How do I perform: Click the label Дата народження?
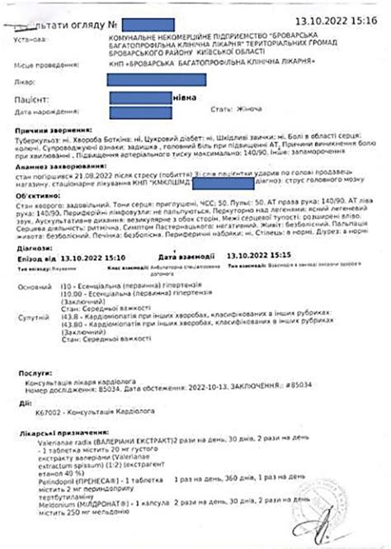(40, 111)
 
